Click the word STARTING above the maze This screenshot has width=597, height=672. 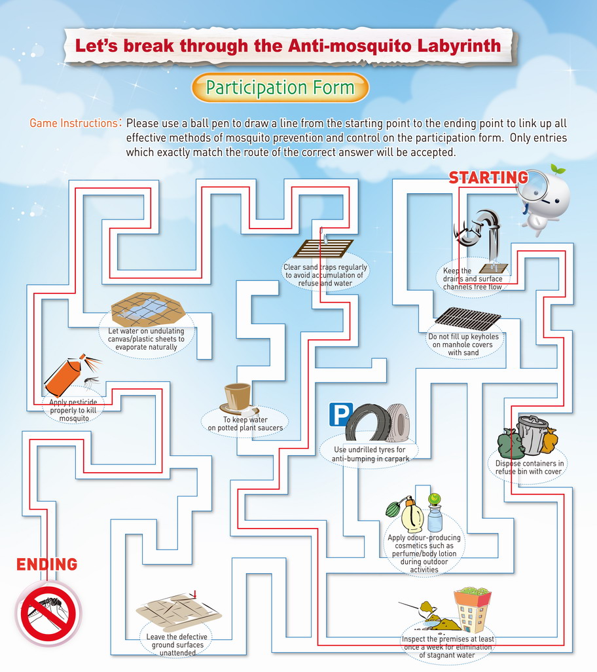[488, 177]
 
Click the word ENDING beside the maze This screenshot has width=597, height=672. [46, 565]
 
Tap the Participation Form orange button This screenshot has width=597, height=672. [280, 87]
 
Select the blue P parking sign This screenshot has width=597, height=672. [341, 415]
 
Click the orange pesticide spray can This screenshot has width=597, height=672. [64, 377]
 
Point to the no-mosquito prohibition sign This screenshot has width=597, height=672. [49, 613]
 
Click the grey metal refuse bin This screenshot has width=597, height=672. [532, 434]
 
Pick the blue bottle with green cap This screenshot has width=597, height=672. [435, 513]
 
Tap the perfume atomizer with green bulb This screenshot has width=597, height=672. [406, 514]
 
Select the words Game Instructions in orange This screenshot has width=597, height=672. [73, 123]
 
